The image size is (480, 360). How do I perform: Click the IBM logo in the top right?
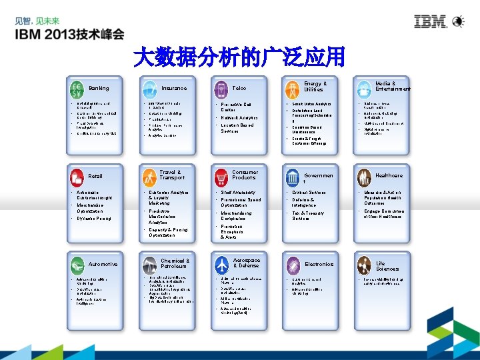pyautogui.click(x=431, y=22)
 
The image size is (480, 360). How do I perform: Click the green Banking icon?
pyautogui.click(x=78, y=88)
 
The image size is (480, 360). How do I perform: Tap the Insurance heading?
pyautogui.click(x=174, y=88)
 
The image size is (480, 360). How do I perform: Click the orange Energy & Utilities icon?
pyautogui.click(x=292, y=87)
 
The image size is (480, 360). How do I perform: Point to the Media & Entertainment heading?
pyautogui.click(x=393, y=86)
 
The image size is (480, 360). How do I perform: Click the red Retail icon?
pyautogui.click(x=78, y=176)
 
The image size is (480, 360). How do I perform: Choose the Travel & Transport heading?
pyautogui.click(x=172, y=175)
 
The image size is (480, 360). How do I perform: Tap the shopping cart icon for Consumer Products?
pyautogui.click(x=221, y=176)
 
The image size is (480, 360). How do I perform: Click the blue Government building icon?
pyautogui.click(x=292, y=176)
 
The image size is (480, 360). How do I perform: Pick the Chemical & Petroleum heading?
pyautogui.click(x=175, y=263)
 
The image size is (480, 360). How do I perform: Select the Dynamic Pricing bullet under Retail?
pyautogui.click(x=94, y=218)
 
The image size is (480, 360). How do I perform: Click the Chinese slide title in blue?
pyautogui.click(x=239, y=57)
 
